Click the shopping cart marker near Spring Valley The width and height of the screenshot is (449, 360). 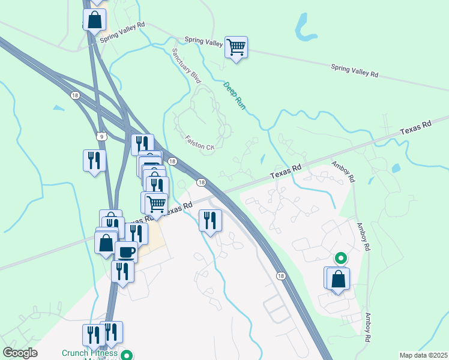coord(237,47)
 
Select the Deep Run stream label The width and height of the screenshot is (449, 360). coord(235,95)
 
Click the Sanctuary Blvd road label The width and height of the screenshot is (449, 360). coord(186,65)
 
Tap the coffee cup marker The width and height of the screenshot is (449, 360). coord(126,253)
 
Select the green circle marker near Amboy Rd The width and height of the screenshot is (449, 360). coord(340,259)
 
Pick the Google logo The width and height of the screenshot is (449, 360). coord(20,353)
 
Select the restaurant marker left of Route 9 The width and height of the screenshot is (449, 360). coord(94,161)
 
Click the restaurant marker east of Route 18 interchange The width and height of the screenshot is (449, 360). coord(210,220)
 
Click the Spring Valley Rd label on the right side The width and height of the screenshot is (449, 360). coord(355,70)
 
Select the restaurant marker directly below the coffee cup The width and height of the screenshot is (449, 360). coord(122,271)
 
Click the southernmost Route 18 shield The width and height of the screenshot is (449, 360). coord(280,275)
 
